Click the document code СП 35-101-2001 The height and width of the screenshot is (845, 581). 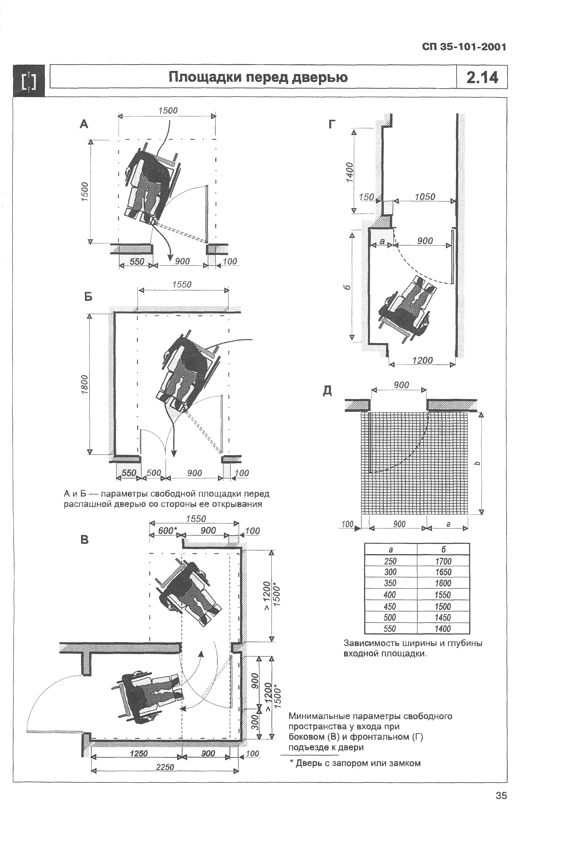coord(464,47)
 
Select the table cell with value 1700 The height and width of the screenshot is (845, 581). coord(443,561)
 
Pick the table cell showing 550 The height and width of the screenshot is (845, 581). coord(390,628)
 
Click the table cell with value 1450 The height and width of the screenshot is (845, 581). coord(443,617)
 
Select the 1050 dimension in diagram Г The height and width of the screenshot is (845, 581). coord(425,197)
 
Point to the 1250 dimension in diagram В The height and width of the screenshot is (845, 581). coord(139,754)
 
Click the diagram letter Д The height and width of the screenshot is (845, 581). coord(327,391)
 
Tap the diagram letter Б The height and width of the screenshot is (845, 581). coord(88,297)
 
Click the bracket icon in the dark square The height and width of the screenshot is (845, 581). coord(29,81)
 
